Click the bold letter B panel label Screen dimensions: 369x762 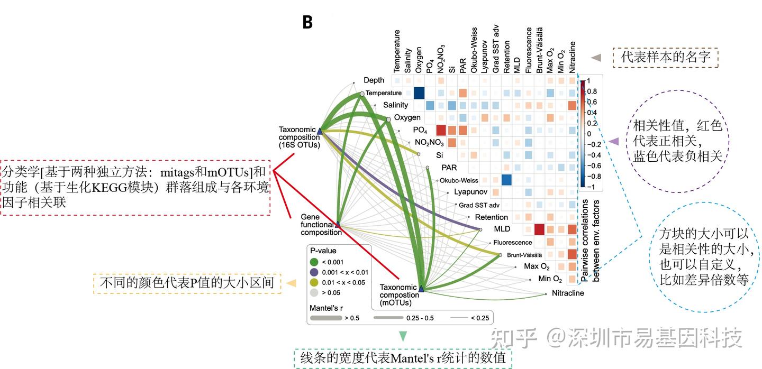(307, 22)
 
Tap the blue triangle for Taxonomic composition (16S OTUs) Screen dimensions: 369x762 (320, 130)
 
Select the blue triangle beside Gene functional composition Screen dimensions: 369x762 (338, 224)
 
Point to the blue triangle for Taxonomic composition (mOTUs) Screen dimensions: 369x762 (421, 289)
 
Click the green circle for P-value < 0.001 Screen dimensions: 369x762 (314, 261)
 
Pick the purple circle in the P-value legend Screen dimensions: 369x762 (314, 272)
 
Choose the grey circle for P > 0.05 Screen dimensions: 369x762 (314, 292)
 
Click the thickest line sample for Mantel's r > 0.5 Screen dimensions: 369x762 (325, 318)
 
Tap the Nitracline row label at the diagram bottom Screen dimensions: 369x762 (568, 293)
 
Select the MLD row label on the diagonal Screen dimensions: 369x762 (502, 229)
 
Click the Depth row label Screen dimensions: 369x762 (374, 80)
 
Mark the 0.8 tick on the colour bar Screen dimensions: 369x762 (592, 91)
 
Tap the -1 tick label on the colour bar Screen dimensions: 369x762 (591, 187)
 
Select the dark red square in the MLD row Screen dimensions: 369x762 (539, 229)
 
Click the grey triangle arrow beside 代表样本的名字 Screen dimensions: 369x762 (596, 57)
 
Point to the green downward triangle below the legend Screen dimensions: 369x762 (403, 336)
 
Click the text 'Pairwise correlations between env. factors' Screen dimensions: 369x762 (590, 238)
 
